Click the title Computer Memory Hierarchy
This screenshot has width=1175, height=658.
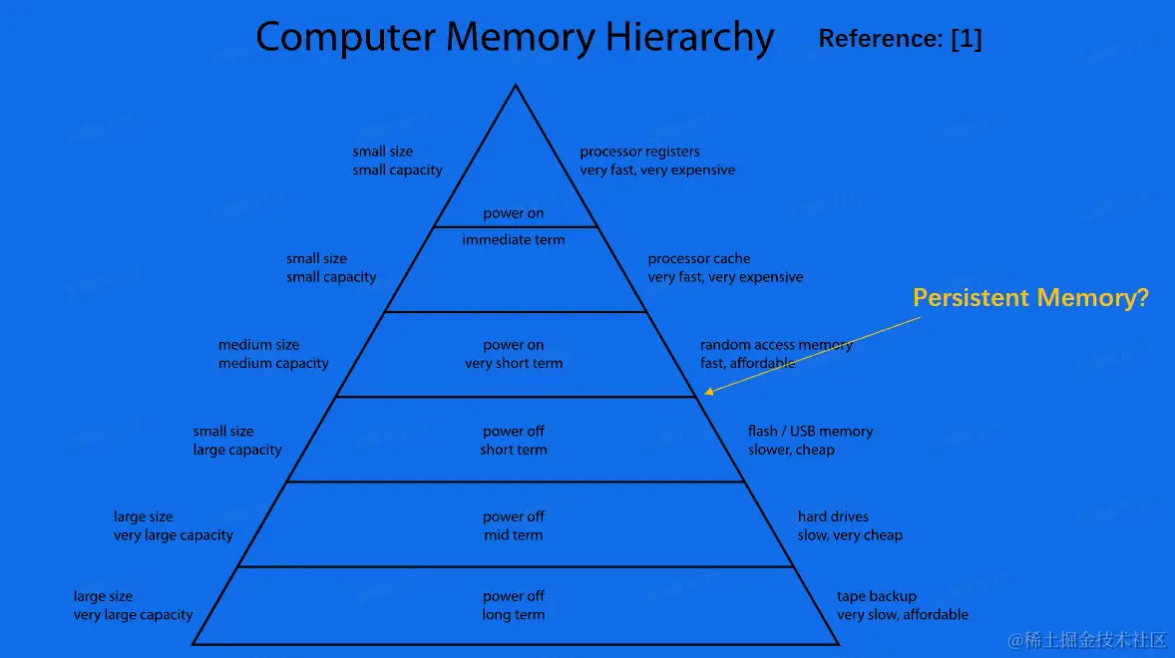(515, 38)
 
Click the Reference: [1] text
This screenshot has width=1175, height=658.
(900, 39)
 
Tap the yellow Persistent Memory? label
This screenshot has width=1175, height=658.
(1031, 297)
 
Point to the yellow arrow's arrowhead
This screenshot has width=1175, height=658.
(706, 394)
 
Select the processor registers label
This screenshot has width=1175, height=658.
(639, 152)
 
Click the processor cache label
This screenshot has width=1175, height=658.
(698, 259)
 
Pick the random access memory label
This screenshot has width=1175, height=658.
(776, 345)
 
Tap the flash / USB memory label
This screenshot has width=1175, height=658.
(810, 432)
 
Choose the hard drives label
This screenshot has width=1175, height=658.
(833, 516)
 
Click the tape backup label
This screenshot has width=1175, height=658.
(876, 596)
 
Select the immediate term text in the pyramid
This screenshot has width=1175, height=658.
(514, 240)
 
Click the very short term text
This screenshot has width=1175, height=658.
(514, 364)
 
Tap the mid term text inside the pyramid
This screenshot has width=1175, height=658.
(514, 535)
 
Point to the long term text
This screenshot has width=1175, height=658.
(514, 615)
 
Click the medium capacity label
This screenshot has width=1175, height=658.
(273, 364)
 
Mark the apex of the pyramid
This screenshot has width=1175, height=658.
(515, 87)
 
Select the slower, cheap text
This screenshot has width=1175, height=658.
(791, 450)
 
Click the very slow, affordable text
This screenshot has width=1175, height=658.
(903, 615)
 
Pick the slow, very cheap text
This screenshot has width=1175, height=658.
(850, 535)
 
